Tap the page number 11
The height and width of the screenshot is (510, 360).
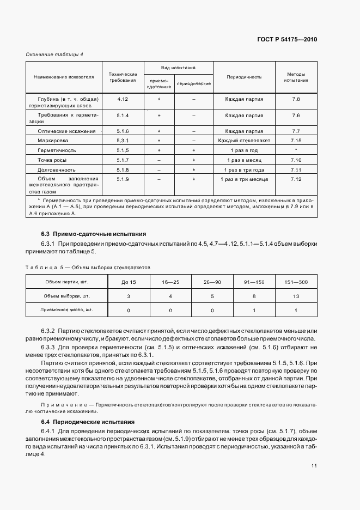[x=314, y=465]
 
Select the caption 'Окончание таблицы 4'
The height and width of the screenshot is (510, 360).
[x=54, y=54]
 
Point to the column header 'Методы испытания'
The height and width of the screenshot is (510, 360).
[x=296, y=77]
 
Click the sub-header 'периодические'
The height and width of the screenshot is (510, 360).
[x=193, y=84]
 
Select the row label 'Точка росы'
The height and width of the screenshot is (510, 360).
[x=52, y=160]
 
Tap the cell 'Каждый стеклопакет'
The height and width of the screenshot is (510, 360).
[x=244, y=141]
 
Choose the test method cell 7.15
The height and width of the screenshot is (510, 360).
[x=296, y=141]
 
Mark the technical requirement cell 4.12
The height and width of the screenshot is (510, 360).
[x=122, y=99]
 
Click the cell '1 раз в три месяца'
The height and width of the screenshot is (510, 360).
[x=244, y=179]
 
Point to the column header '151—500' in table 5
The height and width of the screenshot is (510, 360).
[x=296, y=282]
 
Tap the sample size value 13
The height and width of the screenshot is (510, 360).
[x=296, y=296]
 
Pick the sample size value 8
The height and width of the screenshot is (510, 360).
[x=254, y=296]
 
